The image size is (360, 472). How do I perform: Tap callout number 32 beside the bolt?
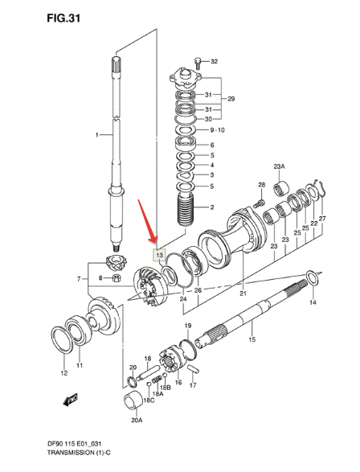click(213, 61)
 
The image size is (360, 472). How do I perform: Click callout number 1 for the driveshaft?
click(96, 136)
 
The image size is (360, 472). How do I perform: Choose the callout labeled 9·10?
click(217, 129)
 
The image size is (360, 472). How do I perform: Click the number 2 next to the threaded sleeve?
click(212, 207)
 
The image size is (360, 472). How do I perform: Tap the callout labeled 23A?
click(278, 166)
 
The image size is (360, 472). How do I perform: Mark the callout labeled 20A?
click(137, 420)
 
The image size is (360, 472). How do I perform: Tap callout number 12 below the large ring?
click(63, 374)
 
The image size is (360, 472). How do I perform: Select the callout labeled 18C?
click(149, 400)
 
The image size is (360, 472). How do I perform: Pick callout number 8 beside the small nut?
click(100, 278)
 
